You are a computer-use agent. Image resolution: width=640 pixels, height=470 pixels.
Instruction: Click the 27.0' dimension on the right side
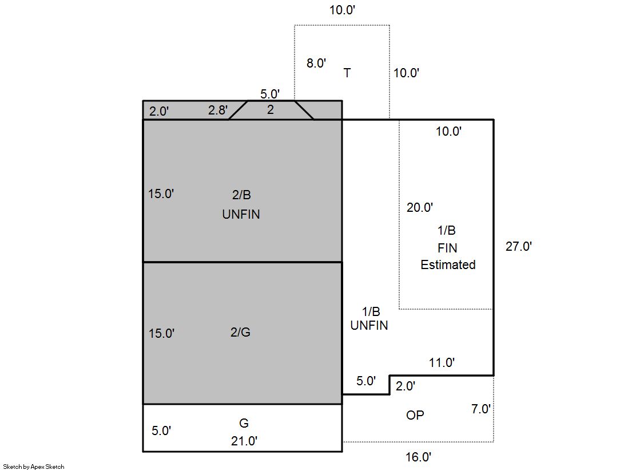coord(518,246)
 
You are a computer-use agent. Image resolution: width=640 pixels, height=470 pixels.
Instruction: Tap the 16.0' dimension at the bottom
coord(418,457)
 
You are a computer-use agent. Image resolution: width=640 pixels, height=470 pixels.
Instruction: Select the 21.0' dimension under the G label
coord(244,441)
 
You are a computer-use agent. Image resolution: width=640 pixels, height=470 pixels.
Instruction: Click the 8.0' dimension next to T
coord(316,63)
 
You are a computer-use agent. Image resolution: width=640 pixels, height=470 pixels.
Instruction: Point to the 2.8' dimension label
coord(218,110)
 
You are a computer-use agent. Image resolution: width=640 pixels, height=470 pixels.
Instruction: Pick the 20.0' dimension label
coord(420,208)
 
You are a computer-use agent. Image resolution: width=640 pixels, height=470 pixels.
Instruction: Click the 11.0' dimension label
coord(442,362)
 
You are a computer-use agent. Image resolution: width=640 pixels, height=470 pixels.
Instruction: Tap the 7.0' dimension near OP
coord(481,409)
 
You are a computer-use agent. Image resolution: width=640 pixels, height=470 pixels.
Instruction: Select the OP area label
coord(415,415)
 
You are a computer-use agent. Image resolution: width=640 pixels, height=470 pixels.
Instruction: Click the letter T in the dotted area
coord(347,73)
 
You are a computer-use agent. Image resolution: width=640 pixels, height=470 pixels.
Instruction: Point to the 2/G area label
coord(240,332)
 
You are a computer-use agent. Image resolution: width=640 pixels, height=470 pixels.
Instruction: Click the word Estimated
coord(448,265)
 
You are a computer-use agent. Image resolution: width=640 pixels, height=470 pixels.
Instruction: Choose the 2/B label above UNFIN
coord(241,195)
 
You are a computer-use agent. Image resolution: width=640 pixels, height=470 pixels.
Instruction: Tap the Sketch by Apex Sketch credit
coord(34,467)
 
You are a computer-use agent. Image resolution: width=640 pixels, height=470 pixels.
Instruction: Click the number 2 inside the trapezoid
coord(270,109)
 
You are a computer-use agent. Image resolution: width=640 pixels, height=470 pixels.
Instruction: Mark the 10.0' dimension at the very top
coord(342,10)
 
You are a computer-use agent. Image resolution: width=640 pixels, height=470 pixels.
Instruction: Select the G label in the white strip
coord(244,423)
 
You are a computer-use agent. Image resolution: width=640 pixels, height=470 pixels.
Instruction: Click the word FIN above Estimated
coord(447,248)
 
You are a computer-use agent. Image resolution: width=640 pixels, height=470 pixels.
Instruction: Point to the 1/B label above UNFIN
coord(371,312)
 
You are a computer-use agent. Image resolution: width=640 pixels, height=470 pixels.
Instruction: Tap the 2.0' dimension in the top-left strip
coord(159,111)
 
